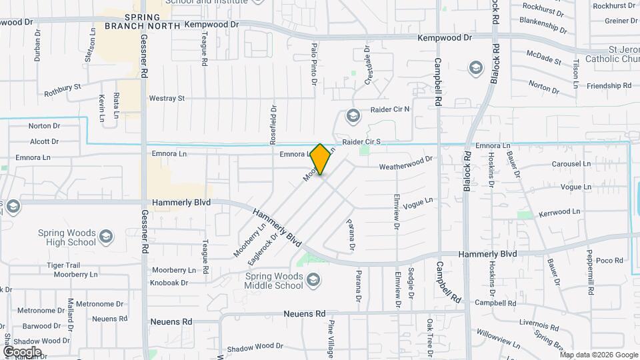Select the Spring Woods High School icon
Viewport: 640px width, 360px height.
click(x=105, y=237)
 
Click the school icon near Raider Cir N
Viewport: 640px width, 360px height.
click(x=352, y=117)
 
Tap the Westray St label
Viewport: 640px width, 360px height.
click(x=167, y=99)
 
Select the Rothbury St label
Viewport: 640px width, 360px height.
click(x=62, y=87)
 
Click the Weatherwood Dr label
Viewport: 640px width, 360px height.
click(x=405, y=163)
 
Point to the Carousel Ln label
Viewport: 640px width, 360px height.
click(x=571, y=164)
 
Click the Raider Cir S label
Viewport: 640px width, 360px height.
click(x=361, y=142)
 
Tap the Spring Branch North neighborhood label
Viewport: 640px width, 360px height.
click(x=142, y=21)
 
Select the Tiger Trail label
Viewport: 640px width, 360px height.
click(x=63, y=265)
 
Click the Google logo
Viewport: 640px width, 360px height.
click(x=22, y=351)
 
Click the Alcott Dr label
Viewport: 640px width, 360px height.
click(x=45, y=141)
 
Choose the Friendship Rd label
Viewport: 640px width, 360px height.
click(x=608, y=86)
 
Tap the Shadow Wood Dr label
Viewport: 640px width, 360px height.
click(x=255, y=347)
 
